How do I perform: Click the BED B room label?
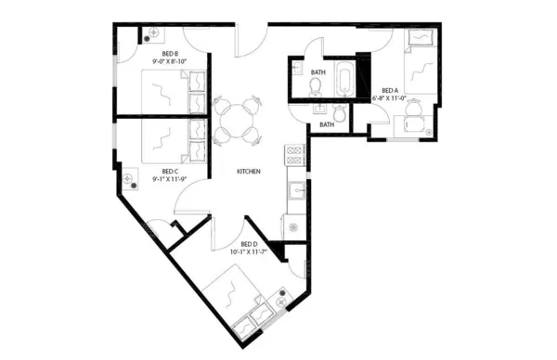(169, 54)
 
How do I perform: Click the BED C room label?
(169, 171)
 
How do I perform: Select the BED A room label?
(390, 89)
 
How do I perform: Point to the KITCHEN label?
(248, 172)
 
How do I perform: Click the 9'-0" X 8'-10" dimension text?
(169, 61)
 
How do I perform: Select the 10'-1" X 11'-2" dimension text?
(248, 251)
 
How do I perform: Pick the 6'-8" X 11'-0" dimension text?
(390, 96)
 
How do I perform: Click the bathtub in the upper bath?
(345, 80)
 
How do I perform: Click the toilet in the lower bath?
(341, 112)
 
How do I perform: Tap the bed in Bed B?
(158, 91)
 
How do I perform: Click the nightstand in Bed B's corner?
(151, 34)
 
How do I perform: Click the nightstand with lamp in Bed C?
(129, 175)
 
